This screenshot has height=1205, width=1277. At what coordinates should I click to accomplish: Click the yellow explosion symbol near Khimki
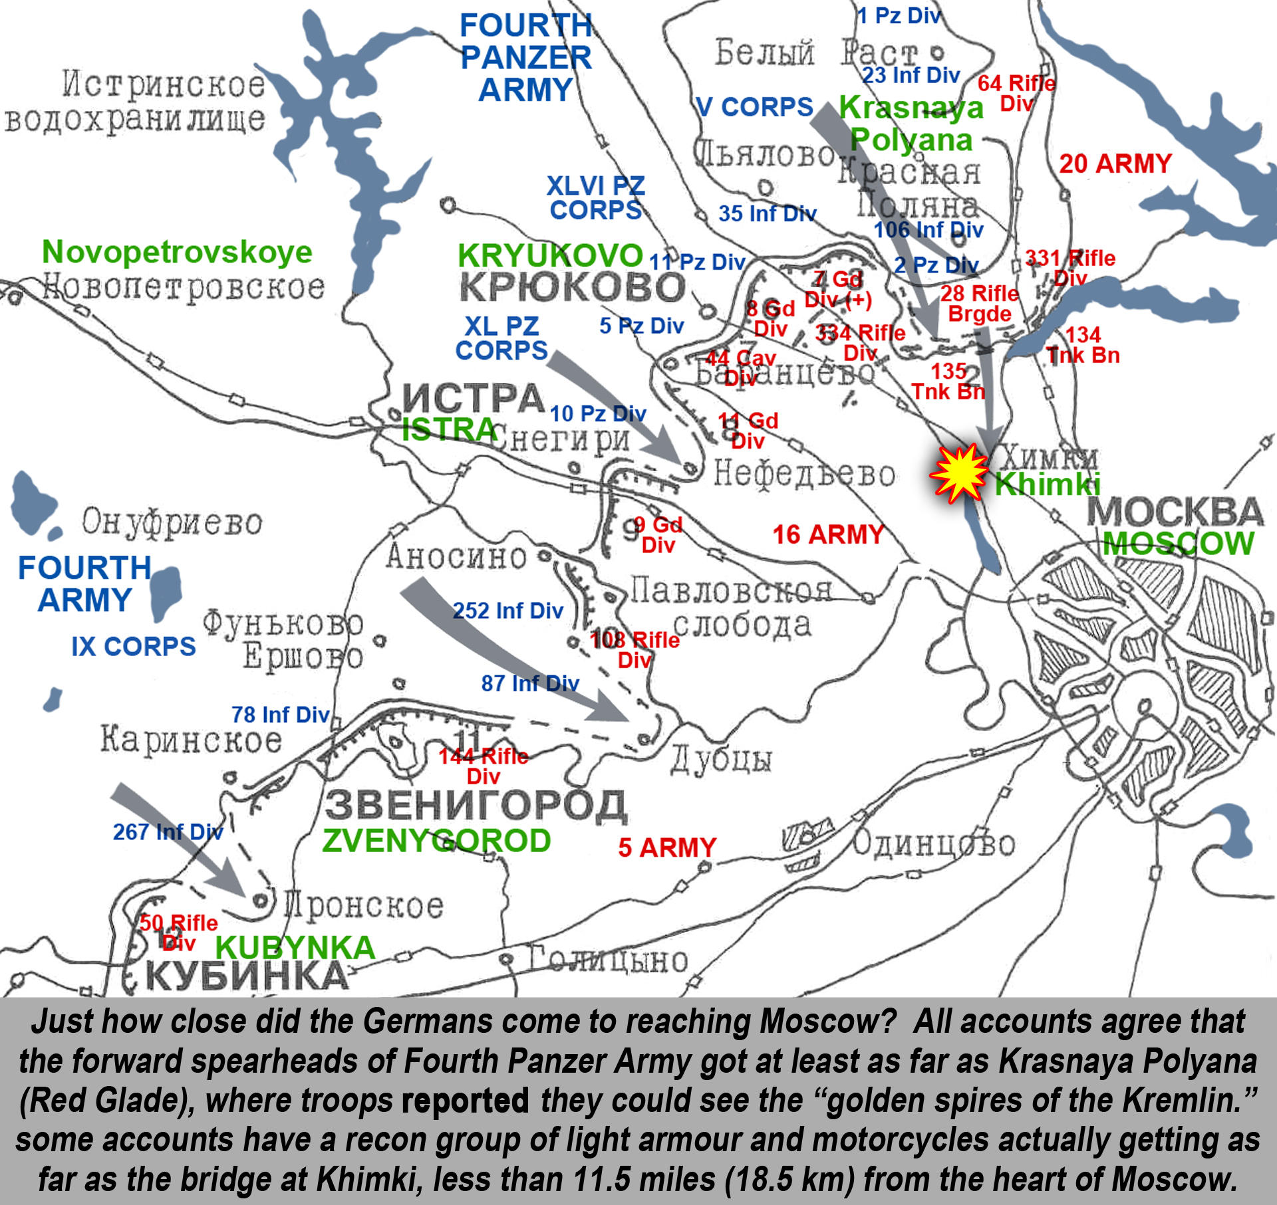click(x=959, y=473)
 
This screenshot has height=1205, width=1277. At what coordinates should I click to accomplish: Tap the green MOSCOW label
click(x=1178, y=544)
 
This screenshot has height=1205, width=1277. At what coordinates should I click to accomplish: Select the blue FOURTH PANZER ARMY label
click(x=525, y=58)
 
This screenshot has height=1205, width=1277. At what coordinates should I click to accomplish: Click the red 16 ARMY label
click(x=828, y=534)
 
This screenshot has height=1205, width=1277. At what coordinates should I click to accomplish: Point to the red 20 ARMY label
click(x=1115, y=164)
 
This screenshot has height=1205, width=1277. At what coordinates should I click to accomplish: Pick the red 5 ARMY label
click(x=667, y=847)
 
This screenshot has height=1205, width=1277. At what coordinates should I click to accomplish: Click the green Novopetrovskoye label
click(x=177, y=252)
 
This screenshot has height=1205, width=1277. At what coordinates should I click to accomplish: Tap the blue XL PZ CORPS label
click(x=501, y=338)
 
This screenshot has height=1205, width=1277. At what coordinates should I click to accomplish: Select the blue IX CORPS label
click(x=134, y=647)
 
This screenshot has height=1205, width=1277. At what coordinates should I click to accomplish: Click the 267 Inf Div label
click(x=168, y=831)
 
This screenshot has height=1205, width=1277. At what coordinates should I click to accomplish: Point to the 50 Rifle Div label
click(x=178, y=932)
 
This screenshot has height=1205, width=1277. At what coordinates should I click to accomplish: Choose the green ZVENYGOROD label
click(x=436, y=841)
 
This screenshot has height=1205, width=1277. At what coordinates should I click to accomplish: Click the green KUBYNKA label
click(x=295, y=948)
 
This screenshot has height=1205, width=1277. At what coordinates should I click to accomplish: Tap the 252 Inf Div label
click(x=508, y=611)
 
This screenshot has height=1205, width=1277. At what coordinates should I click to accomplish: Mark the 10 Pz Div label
click(x=597, y=413)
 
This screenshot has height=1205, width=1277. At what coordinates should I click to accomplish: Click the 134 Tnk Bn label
click(x=1083, y=345)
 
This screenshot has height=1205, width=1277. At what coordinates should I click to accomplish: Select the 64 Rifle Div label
click(x=1016, y=93)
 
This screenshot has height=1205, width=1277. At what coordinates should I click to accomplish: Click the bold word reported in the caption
click(x=465, y=1101)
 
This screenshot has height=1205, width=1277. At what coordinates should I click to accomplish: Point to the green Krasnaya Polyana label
click(x=911, y=124)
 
